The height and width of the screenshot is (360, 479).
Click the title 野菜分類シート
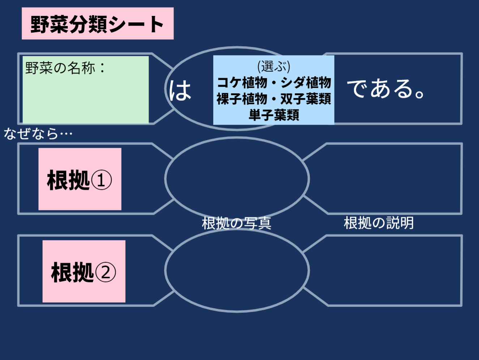click(x=97, y=24)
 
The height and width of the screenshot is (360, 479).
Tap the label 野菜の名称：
click(x=65, y=68)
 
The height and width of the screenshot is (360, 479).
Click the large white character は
click(x=180, y=90)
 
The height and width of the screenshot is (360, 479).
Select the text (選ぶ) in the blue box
click(x=274, y=66)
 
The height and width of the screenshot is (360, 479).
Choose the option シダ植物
click(x=306, y=82)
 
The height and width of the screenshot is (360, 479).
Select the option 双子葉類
click(x=306, y=99)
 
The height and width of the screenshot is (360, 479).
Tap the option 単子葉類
click(x=274, y=115)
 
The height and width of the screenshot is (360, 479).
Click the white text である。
click(x=386, y=89)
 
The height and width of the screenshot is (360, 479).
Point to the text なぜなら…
click(x=38, y=134)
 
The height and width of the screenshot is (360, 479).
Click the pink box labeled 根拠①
click(x=80, y=179)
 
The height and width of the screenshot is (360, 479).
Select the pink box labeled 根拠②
click(x=84, y=271)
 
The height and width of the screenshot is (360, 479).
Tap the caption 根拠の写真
click(x=236, y=223)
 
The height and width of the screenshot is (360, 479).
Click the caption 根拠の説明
click(x=379, y=223)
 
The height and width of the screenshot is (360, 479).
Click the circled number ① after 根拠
click(x=101, y=180)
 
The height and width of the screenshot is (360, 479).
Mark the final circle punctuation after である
click(x=420, y=94)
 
